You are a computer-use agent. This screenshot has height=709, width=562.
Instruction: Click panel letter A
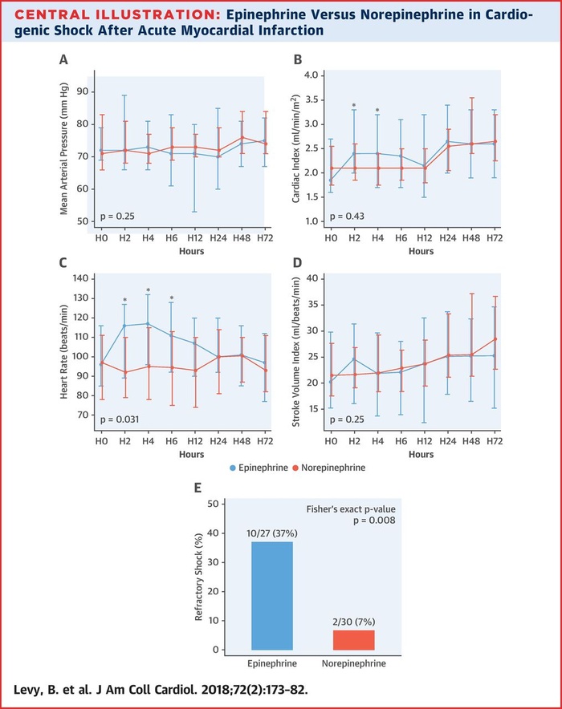coord(63,59)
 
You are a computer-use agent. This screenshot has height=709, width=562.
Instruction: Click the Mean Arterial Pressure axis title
coord(64,151)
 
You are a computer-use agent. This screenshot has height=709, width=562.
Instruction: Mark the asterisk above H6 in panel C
coord(172,298)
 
